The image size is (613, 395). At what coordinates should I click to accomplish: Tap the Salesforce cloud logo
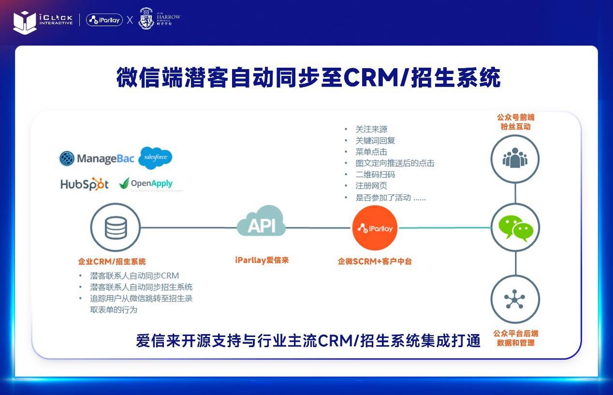[x=155, y=158]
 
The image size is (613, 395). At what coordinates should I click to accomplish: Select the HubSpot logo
[x=85, y=184]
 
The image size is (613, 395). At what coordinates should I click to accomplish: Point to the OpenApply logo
[x=146, y=184]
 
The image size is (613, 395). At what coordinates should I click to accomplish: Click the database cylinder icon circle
[x=116, y=227]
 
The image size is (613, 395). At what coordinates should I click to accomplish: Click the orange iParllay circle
[x=375, y=228]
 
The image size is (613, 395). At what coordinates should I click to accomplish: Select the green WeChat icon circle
[x=515, y=227]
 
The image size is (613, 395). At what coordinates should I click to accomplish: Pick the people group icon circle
[x=515, y=159]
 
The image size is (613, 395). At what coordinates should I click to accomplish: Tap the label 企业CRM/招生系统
[x=112, y=262]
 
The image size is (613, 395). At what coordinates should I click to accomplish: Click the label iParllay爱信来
[x=262, y=261]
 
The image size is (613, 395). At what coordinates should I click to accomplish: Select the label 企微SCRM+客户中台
[x=375, y=262]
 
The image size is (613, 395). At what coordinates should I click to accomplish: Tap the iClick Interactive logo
[x=43, y=20]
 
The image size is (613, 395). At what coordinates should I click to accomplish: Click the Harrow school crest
[x=146, y=18]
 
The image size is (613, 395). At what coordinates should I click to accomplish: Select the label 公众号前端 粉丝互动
[x=515, y=122]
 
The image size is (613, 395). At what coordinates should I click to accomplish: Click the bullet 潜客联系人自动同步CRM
[x=134, y=276]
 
